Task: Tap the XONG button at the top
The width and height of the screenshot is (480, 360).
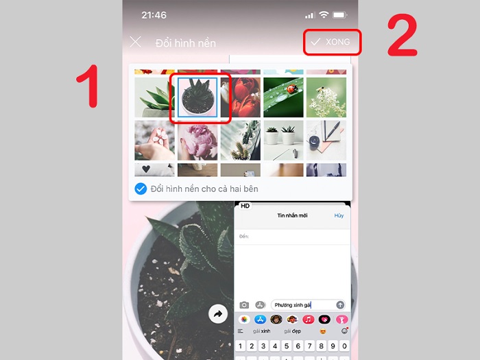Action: [x=331, y=42]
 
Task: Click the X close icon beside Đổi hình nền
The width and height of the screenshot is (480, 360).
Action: [x=136, y=42]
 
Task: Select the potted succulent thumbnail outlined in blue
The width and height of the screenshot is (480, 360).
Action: [x=197, y=97]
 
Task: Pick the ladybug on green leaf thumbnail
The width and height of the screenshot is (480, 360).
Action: [x=283, y=97]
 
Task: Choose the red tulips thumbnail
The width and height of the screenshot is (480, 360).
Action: [x=240, y=97]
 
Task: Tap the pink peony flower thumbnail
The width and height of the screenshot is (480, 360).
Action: [x=197, y=140]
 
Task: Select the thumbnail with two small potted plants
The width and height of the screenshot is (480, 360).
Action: [x=283, y=140]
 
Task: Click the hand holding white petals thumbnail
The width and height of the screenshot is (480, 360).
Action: [x=154, y=140]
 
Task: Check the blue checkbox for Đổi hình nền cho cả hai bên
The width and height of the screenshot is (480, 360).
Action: [x=141, y=189]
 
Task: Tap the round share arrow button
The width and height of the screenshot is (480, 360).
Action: [x=218, y=314]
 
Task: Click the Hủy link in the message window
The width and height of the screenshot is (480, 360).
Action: [x=339, y=215]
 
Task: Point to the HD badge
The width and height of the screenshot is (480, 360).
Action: [x=245, y=206]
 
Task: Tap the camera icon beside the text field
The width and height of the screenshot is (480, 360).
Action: [x=244, y=304]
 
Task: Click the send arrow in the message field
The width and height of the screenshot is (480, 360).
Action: [x=339, y=304]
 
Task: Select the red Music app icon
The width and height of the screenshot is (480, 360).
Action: [x=309, y=320]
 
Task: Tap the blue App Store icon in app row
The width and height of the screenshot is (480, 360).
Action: [x=260, y=320]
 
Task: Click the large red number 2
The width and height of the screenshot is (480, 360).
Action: [x=402, y=36]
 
